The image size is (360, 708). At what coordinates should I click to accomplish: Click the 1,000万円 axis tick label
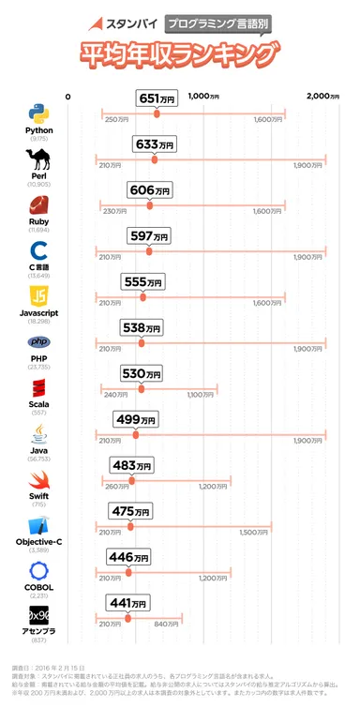pyautogui.click(x=203, y=96)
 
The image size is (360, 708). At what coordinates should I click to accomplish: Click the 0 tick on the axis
pyautogui.click(x=67, y=96)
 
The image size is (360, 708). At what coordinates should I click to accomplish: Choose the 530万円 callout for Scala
pyautogui.click(x=142, y=373)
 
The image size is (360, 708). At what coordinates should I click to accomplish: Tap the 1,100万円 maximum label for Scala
pyautogui.click(x=201, y=395)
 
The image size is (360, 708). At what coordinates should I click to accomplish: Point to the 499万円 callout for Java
pyautogui.click(x=135, y=419)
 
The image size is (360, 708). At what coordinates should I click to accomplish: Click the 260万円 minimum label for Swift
pyautogui.click(x=117, y=486)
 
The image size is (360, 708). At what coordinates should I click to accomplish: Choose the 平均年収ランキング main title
pyautogui.click(x=180, y=56)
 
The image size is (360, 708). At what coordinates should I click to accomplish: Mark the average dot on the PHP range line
pyautogui.click(x=143, y=342)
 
